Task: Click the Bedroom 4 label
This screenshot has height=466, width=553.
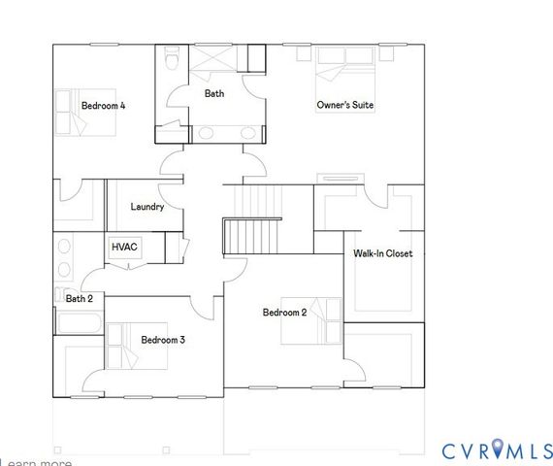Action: (103, 105)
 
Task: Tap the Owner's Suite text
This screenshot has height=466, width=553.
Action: (345, 105)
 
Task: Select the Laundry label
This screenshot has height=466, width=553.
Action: (147, 207)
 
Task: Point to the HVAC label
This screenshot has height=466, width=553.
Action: (125, 248)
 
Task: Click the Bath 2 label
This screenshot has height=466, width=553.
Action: (80, 299)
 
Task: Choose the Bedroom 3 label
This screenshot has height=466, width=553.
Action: (163, 340)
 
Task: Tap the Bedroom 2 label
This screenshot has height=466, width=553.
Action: (284, 313)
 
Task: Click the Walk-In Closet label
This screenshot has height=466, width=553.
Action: (382, 253)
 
